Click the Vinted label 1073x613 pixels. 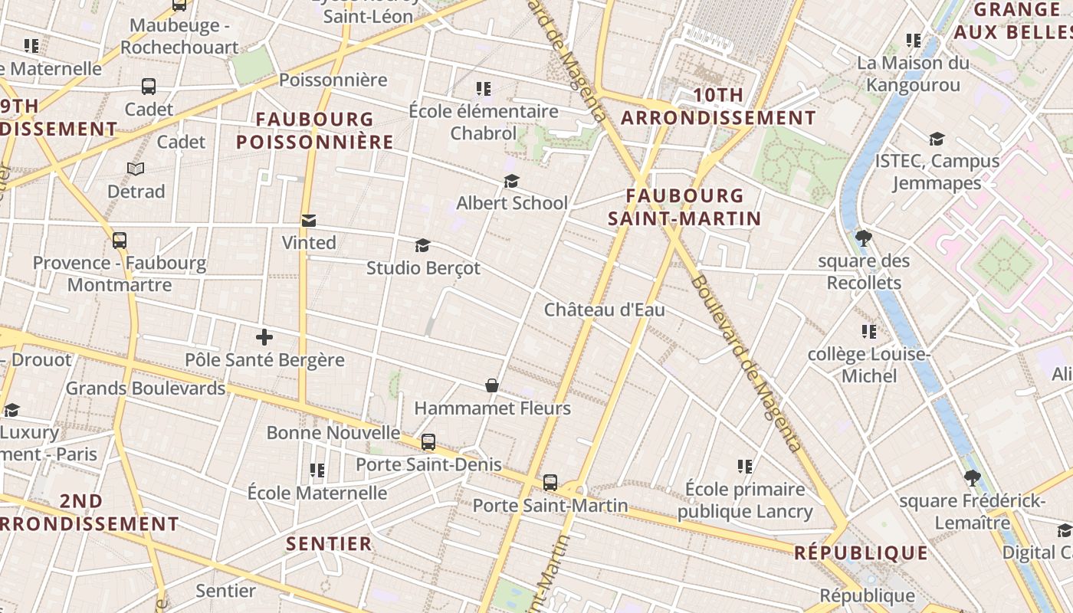(x=309, y=243)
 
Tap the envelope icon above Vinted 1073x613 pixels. (x=309, y=221)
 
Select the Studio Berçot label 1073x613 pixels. (x=423, y=268)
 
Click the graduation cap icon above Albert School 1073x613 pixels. (x=511, y=181)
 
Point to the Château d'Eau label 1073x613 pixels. (x=604, y=310)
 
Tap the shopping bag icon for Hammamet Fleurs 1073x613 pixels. (x=492, y=385)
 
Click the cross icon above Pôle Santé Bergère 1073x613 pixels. (x=264, y=337)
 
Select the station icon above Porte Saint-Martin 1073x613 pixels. (x=550, y=483)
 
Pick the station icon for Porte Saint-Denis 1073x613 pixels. (x=428, y=442)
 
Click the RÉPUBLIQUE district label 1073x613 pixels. (x=861, y=552)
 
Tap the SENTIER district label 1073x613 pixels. (x=329, y=544)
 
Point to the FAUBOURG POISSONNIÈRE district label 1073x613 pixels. (x=315, y=131)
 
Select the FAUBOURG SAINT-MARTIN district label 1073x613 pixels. (x=684, y=208)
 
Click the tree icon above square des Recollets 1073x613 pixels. (x=864, y=238)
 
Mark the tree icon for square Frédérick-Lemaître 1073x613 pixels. (x=972, y=478)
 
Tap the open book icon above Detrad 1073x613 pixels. (x=136, y=169)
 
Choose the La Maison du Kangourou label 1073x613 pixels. (x=913, y=74)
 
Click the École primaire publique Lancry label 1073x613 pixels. (x=745, y=500)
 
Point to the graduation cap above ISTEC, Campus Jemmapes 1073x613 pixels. (x=937, y=139)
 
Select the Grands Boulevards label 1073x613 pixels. (x=146, y=388)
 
